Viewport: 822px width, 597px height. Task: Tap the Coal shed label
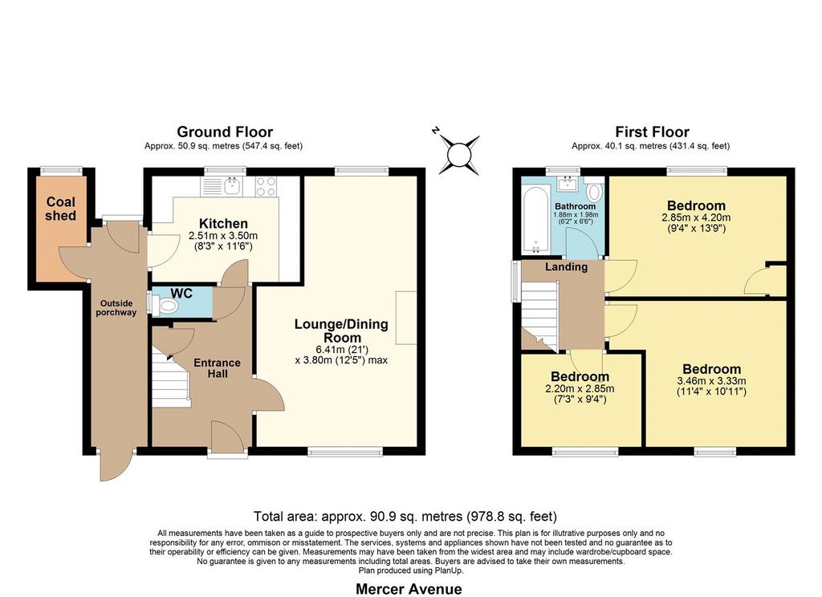click(x=61, y=209)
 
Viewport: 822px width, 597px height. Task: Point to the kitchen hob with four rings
click(x=266, y=187)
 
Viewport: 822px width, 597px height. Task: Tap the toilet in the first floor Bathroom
click(x=594, y=191)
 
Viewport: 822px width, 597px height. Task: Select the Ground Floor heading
click(x=225, y=132)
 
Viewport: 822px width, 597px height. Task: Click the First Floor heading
click(x=652, y=132)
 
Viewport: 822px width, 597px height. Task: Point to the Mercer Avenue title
click(x=409, y=589)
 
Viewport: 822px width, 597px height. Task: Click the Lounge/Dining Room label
click(x=341, y=331)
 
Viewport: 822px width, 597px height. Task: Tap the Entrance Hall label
click(x=217, y=368)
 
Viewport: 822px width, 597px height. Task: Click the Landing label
click(x=566, y=266)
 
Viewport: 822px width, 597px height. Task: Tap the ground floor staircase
click(x=171, y=378)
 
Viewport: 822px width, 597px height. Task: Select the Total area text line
click(x=405, y=516)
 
